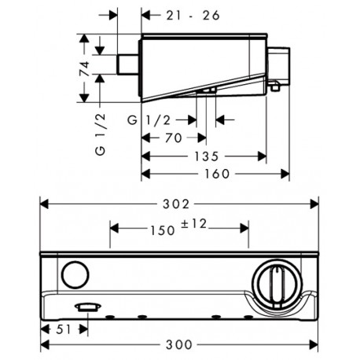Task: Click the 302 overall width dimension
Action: (x=176, y=204)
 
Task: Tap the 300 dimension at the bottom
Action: (x=179, y=344)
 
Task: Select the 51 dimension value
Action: (x=64, y=329)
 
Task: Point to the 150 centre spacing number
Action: (x=163, y=230)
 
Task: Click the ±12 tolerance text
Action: (x=194, y=224)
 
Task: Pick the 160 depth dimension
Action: (x=217, y=174)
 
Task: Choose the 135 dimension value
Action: (x=206, y=156)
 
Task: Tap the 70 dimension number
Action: (x=173, y=138)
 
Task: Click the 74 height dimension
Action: (x=84, y=68)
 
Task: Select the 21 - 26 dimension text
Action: (x=193, y=16)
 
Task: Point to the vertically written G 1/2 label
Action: (x=101, y=134)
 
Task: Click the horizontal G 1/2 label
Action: (x=149, y=120)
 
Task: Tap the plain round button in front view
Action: (x=75, y=274)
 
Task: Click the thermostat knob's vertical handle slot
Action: (x=277, y=285)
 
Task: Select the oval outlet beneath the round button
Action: (x=88, y=307)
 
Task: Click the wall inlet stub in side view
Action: (x=127, y=64)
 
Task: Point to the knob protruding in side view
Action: (x=278, y=66)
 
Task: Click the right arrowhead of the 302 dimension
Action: (x=314, y=204)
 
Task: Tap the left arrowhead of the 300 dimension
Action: (x=45, y=344)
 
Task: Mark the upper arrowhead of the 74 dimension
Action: (x=84, y=39)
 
